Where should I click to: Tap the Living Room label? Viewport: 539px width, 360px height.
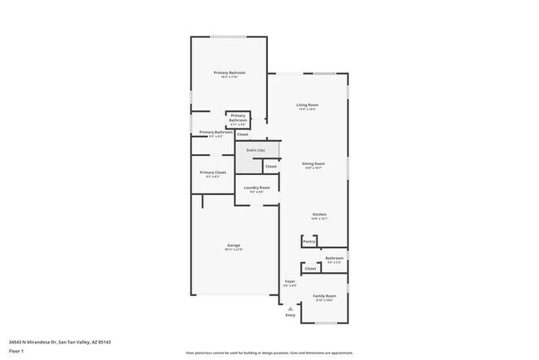click(x=308, y=105)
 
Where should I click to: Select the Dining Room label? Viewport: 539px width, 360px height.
click(x=313, y=164)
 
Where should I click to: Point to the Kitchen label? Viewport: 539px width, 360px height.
click(x=319, y=216)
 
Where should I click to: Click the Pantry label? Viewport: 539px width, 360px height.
click(x=308, y=241)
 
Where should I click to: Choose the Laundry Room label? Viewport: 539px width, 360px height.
click(x=256, y=188)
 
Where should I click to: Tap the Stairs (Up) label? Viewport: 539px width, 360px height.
click(x=255, y=150)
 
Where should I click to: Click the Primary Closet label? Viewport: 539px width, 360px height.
click(x=212, y=173)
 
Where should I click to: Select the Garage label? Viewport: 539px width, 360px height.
click(x=234, y=246)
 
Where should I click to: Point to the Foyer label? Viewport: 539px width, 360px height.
click(x=290, y=281)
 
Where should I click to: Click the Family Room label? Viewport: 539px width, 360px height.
click(x=324, y=296)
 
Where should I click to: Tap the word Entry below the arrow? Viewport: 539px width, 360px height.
click(x=290, y=315)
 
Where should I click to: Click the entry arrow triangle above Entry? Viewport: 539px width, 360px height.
click(x=290, y=307)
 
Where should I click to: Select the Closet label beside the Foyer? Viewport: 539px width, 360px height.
click(x=310, y=269)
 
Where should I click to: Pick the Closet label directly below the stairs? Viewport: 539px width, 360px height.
click(x=270, y=167)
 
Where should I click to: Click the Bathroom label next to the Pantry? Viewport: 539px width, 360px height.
click(x=335, y=258)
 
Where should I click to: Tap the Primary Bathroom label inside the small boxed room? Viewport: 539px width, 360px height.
click(x=238, y=117)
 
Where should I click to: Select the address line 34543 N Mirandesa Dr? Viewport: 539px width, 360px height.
click(x=60, y=341)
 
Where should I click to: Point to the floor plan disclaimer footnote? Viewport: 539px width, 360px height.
click(x=269, y=353)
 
